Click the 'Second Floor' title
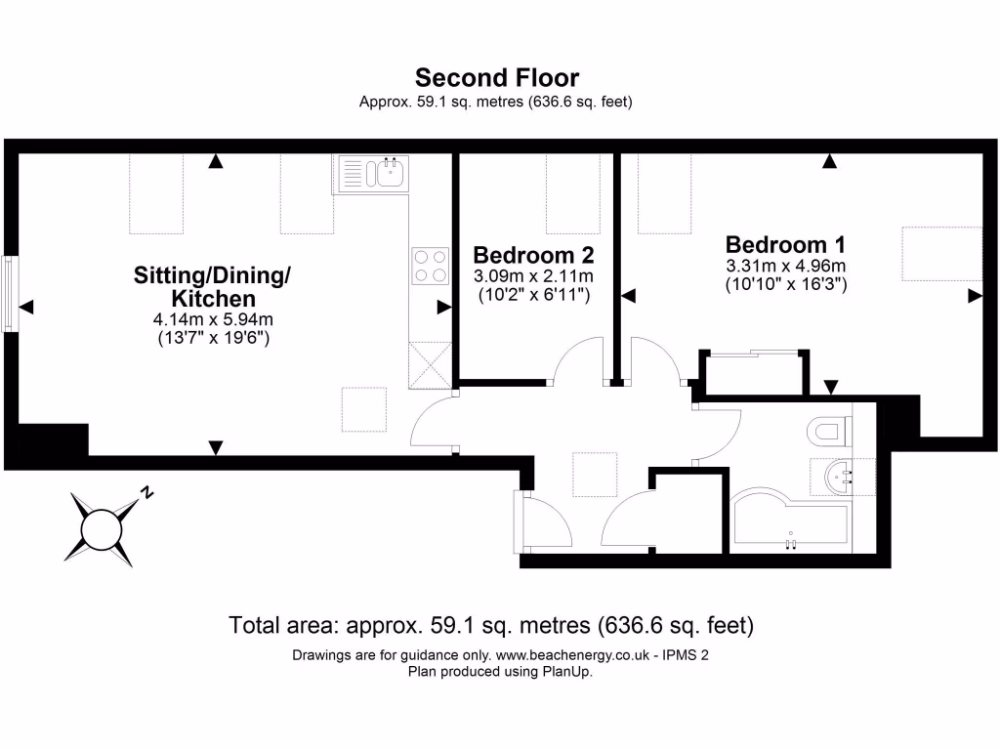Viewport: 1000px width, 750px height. pyautogui.click(x=497, y=77)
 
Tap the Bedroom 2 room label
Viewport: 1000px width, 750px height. pyautogui.click(x=533, y=255)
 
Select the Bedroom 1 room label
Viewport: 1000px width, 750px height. pyautogui.click(x=785, y=244)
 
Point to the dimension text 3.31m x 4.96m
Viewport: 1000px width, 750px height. pyautogui.click(x=785, y=266)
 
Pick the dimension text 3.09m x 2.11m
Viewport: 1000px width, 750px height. pyautogui.click(x=533, y=276)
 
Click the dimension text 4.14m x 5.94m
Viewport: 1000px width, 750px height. pyautogui.click(x=214, y=319)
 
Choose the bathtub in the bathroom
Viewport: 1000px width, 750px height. pyautogui.click(x=789, y=522)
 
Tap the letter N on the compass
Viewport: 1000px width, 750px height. pyautogui.click(x=147, y=492)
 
